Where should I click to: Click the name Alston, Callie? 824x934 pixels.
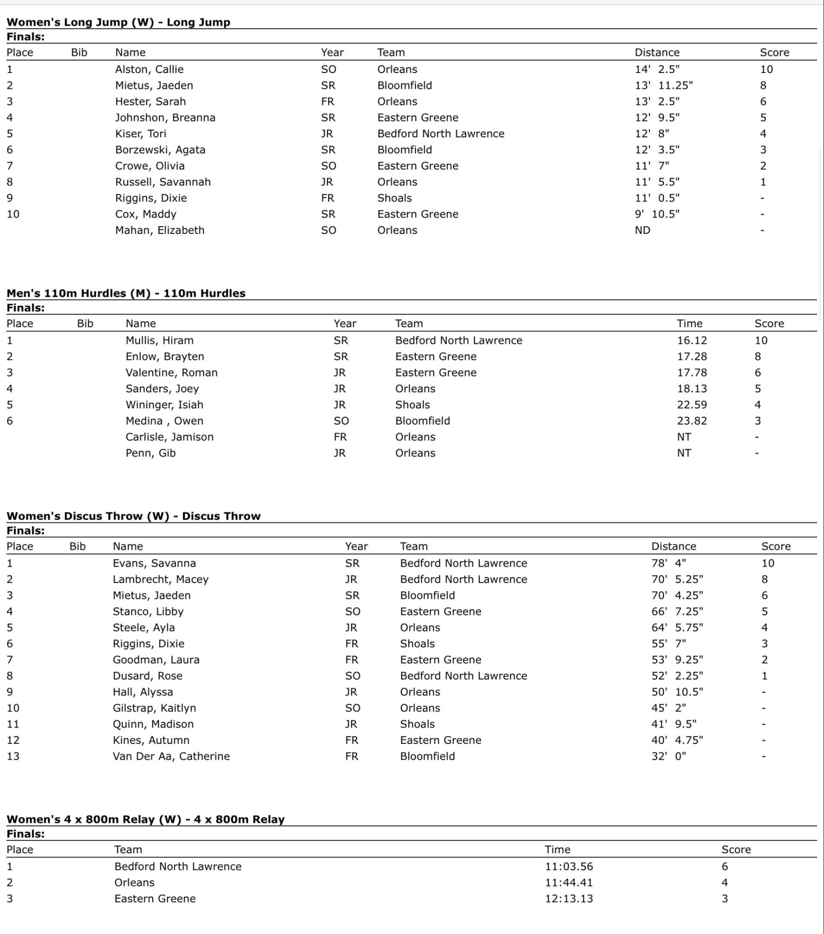pos(149,69)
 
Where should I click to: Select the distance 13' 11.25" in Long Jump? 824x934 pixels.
pos(663,85)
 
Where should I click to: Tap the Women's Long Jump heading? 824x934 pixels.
pos(119,22)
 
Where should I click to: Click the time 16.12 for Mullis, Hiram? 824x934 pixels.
pos(691,340)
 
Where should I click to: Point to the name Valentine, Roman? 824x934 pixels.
pos(171,373)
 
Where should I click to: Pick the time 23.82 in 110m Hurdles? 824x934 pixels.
pos(691,421)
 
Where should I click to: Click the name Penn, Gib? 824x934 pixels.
pos(150,453)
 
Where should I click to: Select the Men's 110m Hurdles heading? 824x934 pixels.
pos(126,293)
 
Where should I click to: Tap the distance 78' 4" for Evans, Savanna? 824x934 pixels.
pos(668,563)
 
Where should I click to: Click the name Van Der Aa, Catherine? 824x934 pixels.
pos(171,756)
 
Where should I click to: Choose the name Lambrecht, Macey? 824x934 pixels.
pos(161,579)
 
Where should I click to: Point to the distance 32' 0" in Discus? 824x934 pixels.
pos(668,756)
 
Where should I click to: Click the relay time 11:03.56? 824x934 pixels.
pos(569,867)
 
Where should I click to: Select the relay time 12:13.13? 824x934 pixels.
pos(569,898)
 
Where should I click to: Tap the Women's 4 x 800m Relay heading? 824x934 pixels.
pos(145,820)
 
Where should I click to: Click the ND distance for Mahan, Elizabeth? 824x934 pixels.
pos(642,230)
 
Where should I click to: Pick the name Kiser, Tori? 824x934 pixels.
pos(140,134)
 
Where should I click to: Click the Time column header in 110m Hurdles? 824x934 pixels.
pos(689,323)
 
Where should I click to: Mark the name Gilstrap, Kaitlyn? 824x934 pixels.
pos(154,708)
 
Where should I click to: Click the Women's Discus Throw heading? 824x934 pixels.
pos(134,516)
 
